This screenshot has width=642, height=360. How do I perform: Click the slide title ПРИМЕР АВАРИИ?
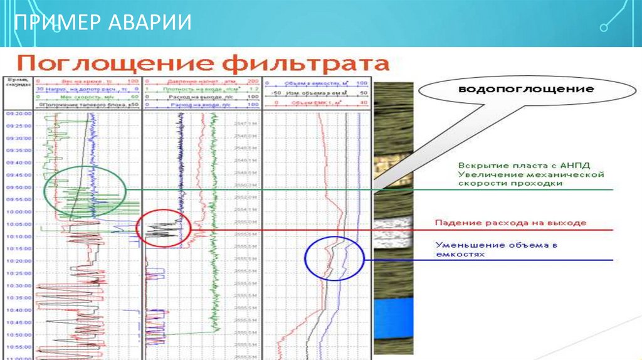click(103, 24)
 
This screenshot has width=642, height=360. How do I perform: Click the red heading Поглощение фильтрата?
click(203, 64)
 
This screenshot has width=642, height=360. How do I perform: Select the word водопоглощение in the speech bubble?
click(526, 89)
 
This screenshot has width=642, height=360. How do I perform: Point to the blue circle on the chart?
click(335, 258)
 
